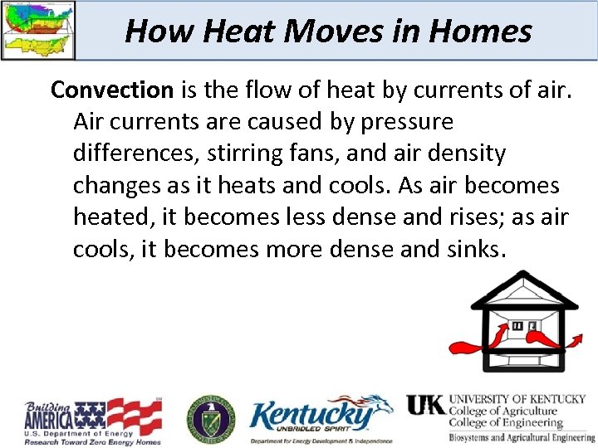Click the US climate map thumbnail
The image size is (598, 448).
point(38,30)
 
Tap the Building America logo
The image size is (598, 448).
point(91,421)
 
